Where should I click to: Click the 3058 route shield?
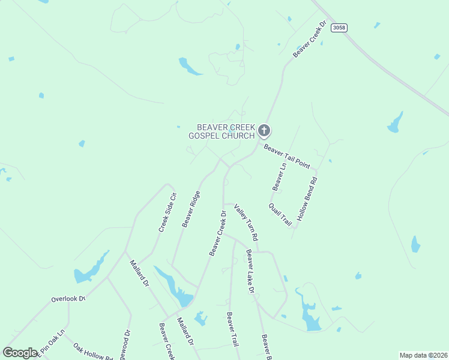339,28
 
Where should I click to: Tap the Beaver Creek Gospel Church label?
225,131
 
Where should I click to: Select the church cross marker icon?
264,130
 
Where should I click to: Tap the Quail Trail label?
280,214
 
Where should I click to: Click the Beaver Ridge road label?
191,209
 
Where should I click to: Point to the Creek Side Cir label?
167,211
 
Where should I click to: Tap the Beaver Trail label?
232,329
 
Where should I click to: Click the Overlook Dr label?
68,298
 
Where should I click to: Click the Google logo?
20,353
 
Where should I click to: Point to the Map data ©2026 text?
423,355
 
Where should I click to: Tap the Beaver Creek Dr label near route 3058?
310,40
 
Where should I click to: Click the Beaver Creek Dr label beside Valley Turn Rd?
217,233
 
